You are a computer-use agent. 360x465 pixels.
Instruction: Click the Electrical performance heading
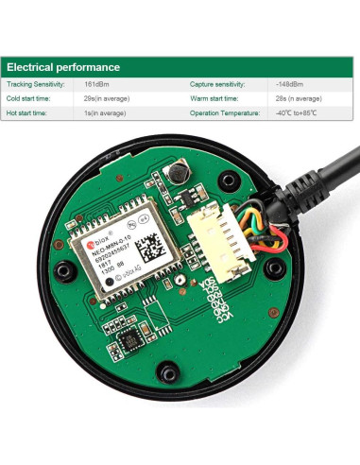tap(63, 67)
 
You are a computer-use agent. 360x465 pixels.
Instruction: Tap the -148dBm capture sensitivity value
tap(290, 84)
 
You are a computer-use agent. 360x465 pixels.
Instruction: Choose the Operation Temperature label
tap(224, 112)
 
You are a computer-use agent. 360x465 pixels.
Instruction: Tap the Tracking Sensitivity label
tap(35, 84)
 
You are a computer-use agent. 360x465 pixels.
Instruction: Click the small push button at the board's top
tap(176, 175)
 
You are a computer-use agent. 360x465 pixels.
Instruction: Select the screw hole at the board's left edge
tap(64, 272)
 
